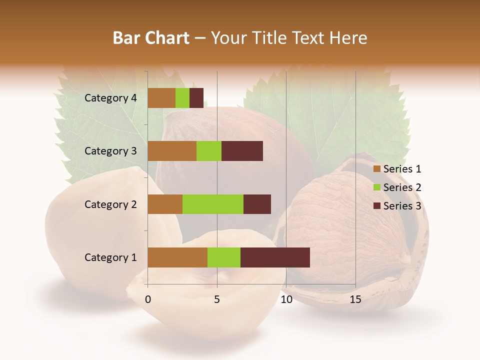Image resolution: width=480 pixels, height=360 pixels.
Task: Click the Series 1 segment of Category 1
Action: click(x=177, y=257)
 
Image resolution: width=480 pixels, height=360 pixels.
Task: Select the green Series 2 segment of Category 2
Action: click(x=213, y=204)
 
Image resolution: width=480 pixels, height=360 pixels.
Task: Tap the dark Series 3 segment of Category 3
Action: click(x=242, y=151)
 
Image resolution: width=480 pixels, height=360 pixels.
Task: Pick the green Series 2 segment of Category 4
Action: click(x=182, y=98)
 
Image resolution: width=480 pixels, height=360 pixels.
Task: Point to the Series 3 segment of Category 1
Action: click(x=275, y=257)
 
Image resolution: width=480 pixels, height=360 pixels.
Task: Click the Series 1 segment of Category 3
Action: click(x=172, y=151)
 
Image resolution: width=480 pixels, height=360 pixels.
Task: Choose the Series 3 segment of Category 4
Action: click(x=196, y=98)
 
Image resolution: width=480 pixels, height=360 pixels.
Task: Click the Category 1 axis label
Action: click(x=110, y=257)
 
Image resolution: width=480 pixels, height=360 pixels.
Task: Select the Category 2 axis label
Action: click(x=110, y=204)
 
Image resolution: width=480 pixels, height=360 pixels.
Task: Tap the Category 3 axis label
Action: click(x=110, y=151)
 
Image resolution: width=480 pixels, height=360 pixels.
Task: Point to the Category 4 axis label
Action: click(x=110, y=98)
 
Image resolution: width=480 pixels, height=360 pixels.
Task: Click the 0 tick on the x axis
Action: click(x=148, y=299)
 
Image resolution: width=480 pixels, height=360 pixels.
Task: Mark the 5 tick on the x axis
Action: click(x=217, y=299)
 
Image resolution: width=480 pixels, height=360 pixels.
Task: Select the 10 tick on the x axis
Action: click(x=286, y=299)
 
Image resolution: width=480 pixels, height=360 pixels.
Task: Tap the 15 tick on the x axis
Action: click(x=355, y=299)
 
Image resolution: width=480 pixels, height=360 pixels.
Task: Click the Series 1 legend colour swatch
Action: click(x=377, y=169)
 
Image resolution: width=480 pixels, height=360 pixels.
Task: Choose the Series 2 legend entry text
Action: click(x=402, y=187)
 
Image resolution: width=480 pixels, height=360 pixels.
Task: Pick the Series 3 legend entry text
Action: click(x=402, y=206)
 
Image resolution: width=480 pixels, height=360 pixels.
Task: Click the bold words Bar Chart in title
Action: click(x=151, y=38)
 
